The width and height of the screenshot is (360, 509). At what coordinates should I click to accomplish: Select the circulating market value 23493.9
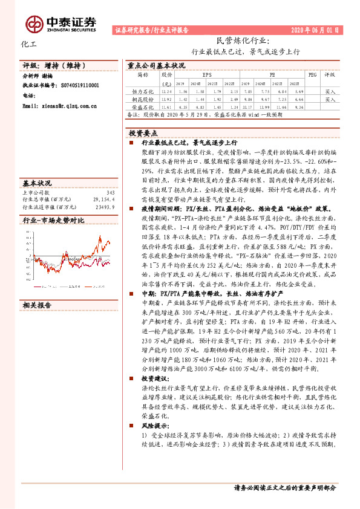(104, 206)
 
